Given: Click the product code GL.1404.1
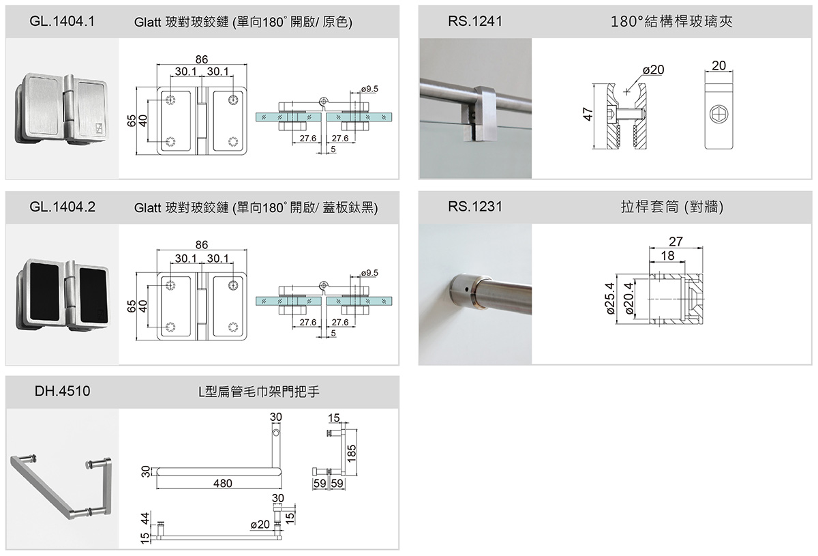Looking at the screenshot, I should coord(62,21).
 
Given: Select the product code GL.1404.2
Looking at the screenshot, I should coord(62,207).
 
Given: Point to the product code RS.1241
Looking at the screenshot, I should coord(475,21).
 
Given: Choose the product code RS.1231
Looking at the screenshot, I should coord(475,207).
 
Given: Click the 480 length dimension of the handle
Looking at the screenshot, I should coord(222,483).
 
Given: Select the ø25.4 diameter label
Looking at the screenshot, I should coord(611,298).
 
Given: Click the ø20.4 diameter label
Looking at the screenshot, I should coord(628,299).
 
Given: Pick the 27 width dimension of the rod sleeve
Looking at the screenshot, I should coord(676,241).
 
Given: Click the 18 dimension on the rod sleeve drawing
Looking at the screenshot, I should coord(668,254).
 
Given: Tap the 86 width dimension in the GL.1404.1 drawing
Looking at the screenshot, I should coord(201,59).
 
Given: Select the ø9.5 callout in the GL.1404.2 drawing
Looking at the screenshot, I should coord(368,273).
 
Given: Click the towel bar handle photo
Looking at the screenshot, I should coord(61,484).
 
